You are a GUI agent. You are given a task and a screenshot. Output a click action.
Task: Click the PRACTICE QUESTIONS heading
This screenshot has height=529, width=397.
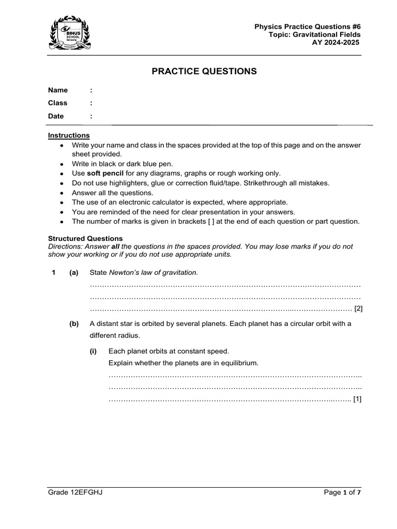coord(204,71)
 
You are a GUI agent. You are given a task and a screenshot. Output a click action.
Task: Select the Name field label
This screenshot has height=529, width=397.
coord(58,90)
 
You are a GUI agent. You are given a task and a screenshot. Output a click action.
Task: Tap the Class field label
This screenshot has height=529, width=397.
coord(58,103)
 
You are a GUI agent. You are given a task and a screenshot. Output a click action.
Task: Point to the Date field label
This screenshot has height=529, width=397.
coord(56,116)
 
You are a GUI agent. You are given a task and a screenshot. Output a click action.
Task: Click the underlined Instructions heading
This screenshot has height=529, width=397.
coord(69,135)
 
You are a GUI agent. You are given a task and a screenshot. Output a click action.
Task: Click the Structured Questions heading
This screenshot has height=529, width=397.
coord(85,239)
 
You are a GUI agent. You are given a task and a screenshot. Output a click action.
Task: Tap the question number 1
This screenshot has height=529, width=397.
coord(54,272)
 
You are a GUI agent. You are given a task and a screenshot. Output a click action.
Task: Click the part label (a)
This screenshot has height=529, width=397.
coord(74,272)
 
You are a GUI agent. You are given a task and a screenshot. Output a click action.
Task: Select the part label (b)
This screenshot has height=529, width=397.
coord(74,324)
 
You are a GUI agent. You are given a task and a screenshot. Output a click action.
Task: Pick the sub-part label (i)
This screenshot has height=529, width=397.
coord(93,351)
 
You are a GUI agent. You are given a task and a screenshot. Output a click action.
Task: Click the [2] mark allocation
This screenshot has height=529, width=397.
coord(358,309)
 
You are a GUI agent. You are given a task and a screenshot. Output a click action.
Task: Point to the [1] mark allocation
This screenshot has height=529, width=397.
coord(357,399)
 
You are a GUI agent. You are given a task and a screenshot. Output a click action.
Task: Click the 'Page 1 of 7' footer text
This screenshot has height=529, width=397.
coord(342,492)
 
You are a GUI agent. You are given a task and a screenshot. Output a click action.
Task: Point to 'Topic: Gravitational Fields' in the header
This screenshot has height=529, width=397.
coord(314,35)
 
